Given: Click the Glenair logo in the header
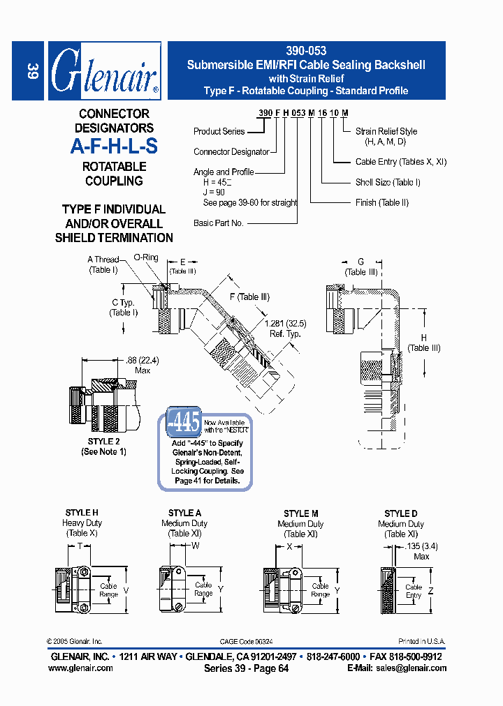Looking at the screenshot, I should pyautogui.click(x=105, y=70).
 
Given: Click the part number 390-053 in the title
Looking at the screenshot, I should pyautogui.click(x=306, y=51).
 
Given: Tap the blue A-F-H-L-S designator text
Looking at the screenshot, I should pyautogui.click(x=114, y=147).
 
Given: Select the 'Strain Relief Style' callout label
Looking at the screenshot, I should pyautogui.click(x=386, y=131).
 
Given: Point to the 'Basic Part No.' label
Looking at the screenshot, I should pyautogui.click(x=218, y=223).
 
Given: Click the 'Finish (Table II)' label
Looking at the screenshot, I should pyautogui.click(x=381, y=202).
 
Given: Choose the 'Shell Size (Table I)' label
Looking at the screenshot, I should pyautogui.click(x=388, y=182).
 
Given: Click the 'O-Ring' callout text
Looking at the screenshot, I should pyautogui.click(x=145, y=257).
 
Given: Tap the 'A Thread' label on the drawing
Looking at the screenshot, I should pyautogui.click(x=103, y=260).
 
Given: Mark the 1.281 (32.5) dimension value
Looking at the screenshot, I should pyautogui.click(x=285, y=324).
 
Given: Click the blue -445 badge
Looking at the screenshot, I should pyautogui.click(x=184, y=422).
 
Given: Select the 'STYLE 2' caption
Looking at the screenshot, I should pyautogui.click(x=103, y=442).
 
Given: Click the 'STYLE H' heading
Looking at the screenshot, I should pyautogui.click(x=82, y=513).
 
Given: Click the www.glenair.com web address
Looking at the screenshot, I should pyautogui.click(x=80, y=668).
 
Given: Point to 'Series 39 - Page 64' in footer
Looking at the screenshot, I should pyautogui.click(x=246, y=668).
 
